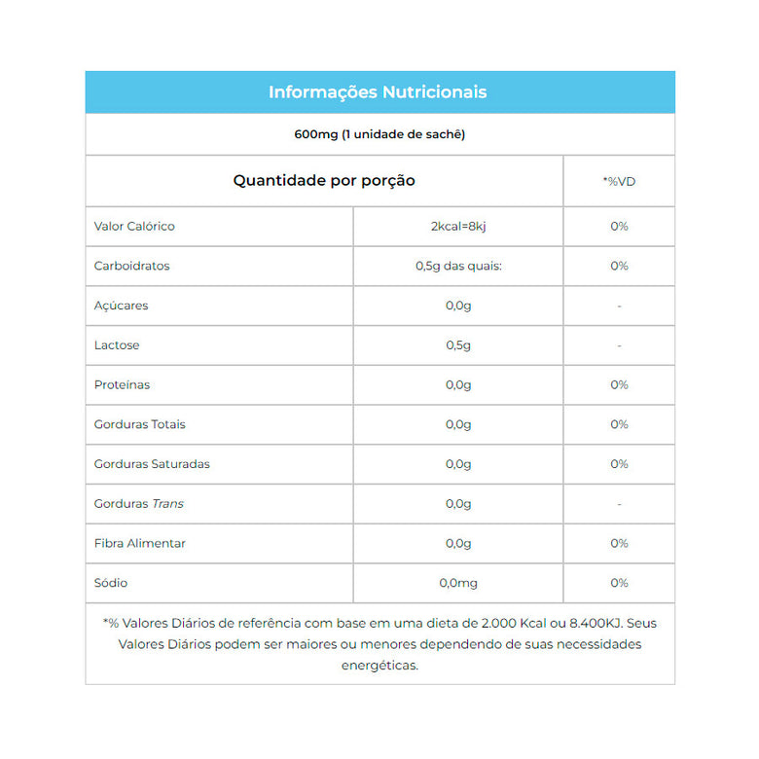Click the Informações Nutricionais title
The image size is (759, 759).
pyautogui.click(x=378, y=92)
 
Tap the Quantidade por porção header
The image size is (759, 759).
pyautogui.click(x=324, y=181)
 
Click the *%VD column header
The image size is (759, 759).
pyautogui.click(x=619, y=182)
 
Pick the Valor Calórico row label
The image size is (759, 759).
pyautogui.click(x=134, y=226)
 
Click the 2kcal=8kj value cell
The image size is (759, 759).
pyautogui.click(x=457, y=226)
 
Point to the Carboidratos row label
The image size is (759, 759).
pyautogui.click(x=131, y=266)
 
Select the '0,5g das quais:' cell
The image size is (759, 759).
pyautogui.click(x=457, y=266)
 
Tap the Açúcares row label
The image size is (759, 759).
pyautogui.click(x=122, y=306)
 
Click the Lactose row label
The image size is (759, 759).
pyautogui.click(x=117, y=345)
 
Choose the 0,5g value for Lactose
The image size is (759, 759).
pyautogui.click(x=457, y=345)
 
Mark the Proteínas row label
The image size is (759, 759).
pyautogui.click(x=123, y=385)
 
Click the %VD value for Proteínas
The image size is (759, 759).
pyautogui.click(x=619, y=385)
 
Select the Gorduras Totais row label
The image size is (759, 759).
pyautogui.click(x=140, y=424)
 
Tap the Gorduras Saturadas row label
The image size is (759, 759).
pyautogui.click(x=152, y=464)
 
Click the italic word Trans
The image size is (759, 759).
pyautogui.click(x=167, y=504)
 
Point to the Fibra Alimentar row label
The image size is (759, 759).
pyautogui.click(x=140, y=543)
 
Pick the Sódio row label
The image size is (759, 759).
pyautogui.click(x=111, y=583)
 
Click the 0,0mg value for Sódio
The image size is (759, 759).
pyautogui.click(x=457, y=583)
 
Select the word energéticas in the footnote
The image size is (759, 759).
pyautogui.click(x=379, y=666)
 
